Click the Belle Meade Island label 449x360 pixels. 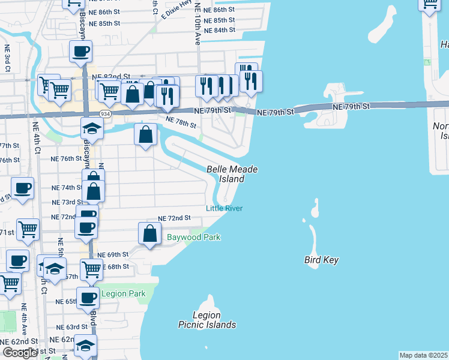(x=232, y=174)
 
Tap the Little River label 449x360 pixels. (x=224, y=208)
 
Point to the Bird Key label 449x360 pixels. (x=322, y=260)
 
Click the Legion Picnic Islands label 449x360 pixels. (x=207, y=320)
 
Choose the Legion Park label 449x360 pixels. (x=124, y=293)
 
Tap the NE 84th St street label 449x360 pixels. (x=219, y=30)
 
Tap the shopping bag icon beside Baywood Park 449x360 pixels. (x=149, y=234)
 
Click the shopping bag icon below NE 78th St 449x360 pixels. (x=146, y=134)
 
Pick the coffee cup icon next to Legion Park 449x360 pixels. (x=88, y=298)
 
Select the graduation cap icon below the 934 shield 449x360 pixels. (x=92, y=128)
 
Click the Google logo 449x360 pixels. (x=20, y=352)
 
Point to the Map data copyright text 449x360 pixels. (x=424, y=355)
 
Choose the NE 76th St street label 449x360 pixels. (x=66, y=159)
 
